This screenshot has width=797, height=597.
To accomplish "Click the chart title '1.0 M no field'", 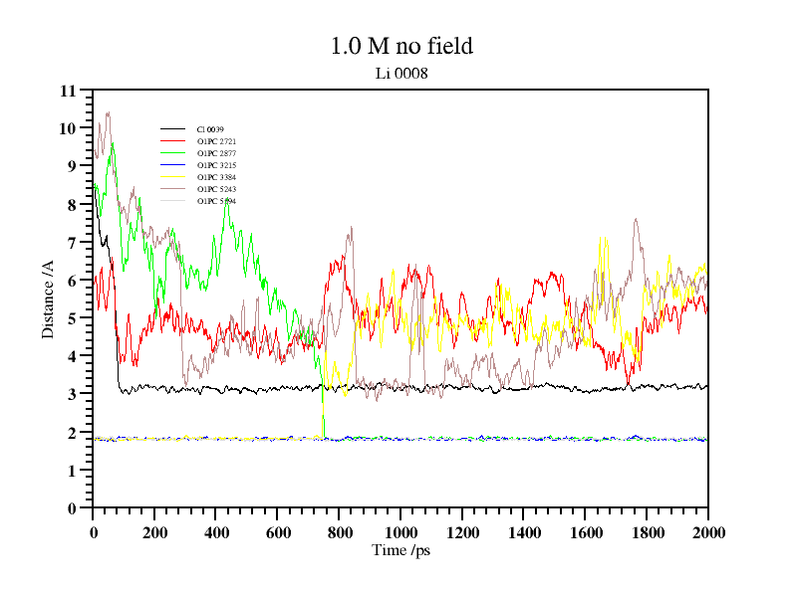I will pyautogui.click(x=401, y=46).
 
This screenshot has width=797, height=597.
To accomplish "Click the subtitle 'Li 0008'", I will pyautogui.click(x=401, y=73).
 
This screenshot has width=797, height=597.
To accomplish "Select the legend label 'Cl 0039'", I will pyautogui.click(x=210, y=129).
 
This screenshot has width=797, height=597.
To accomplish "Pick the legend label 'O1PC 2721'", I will pyautogui.click(x=216, y=141).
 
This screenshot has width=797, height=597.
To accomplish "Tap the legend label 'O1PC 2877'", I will pyautogui.click(x=216, y=153).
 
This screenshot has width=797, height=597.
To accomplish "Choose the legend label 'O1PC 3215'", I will pyautogui.click(x=216, y=165).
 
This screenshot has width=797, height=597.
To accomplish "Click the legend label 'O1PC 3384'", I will pyautogui.click(x=216, y=177).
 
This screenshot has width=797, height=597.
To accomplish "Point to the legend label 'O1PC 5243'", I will pyautogui.click(x=216, y=189).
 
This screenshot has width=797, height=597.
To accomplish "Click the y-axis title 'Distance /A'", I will pyautogui.click(x=47, y=299).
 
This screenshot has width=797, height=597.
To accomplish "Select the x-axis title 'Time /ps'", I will pyautogui.click(x=400, y=549).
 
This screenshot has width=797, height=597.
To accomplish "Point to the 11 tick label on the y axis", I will pyautogui.click(x=68, y=91).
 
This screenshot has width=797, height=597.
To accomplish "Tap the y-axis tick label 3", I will pyautogui.click(x=72, y=394).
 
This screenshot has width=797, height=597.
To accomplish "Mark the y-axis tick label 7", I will pyautogui.click(x=72, y=243).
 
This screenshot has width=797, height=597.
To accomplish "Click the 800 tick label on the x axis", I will pyautogui.click(x=339, y=532).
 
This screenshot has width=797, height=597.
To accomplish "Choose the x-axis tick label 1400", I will pyautogui.click(x=524, y=532).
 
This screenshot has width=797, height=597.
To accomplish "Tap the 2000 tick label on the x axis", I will pyautogui.click(x=708, y=532).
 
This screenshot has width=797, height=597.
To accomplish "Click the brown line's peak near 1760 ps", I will pyautogui.click(x=636, y=220).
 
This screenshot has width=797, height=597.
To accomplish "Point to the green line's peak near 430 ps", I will pyautogui.click(x=227, y=200).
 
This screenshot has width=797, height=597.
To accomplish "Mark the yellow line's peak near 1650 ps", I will pyautogui.click(x=600, y=237).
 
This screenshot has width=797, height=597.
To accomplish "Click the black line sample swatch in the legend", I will pyautogui.click(x=173, y=129).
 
